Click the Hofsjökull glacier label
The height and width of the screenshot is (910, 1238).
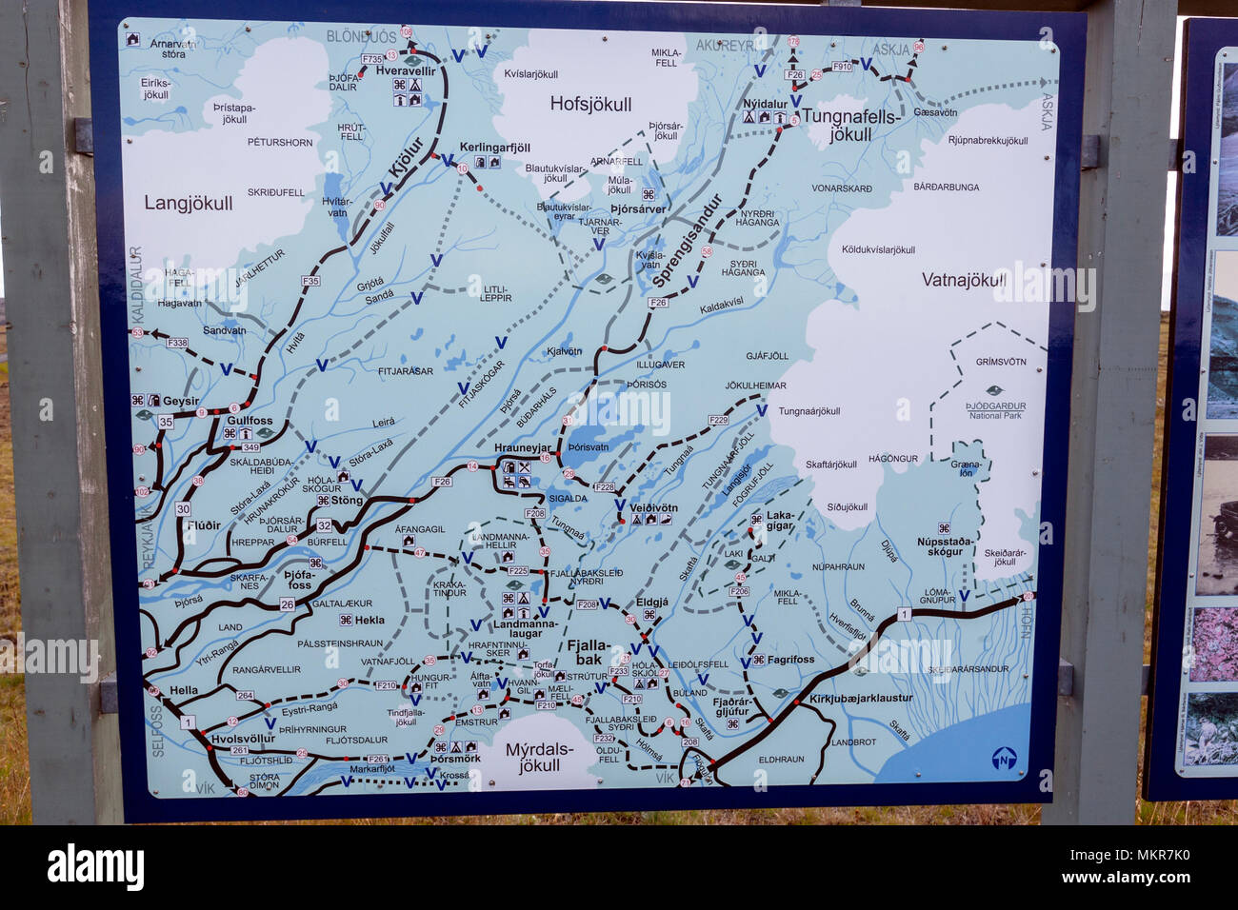589,105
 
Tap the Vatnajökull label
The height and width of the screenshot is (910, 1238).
964,280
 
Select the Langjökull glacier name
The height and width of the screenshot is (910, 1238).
189,203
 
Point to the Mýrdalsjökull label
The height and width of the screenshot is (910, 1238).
539,757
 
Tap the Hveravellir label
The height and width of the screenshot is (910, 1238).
406,71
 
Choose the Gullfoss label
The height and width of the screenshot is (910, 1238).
250,420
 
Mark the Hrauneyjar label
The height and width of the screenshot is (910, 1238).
523,447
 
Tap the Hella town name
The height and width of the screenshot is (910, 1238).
184,690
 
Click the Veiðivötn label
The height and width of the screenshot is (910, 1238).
653,507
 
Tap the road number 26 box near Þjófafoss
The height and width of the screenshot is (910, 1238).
288,604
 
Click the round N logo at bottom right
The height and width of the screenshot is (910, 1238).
1004,759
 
